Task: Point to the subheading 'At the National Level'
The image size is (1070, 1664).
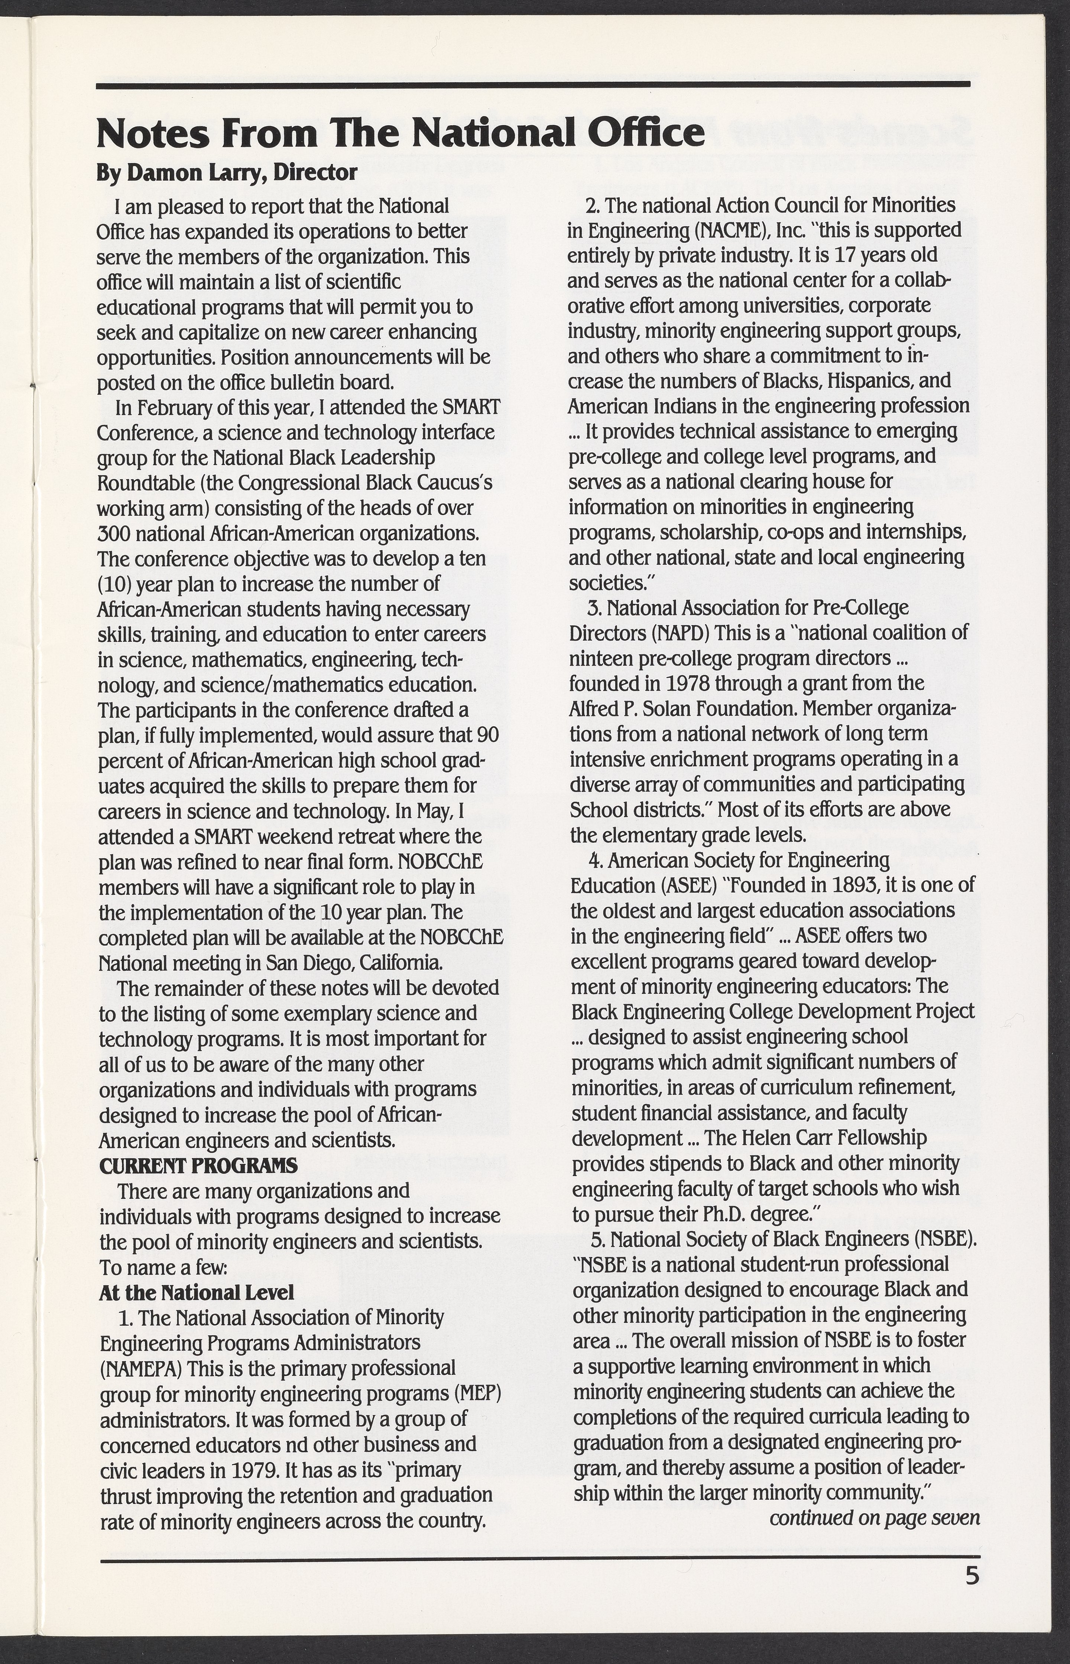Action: click(197, 1292)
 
